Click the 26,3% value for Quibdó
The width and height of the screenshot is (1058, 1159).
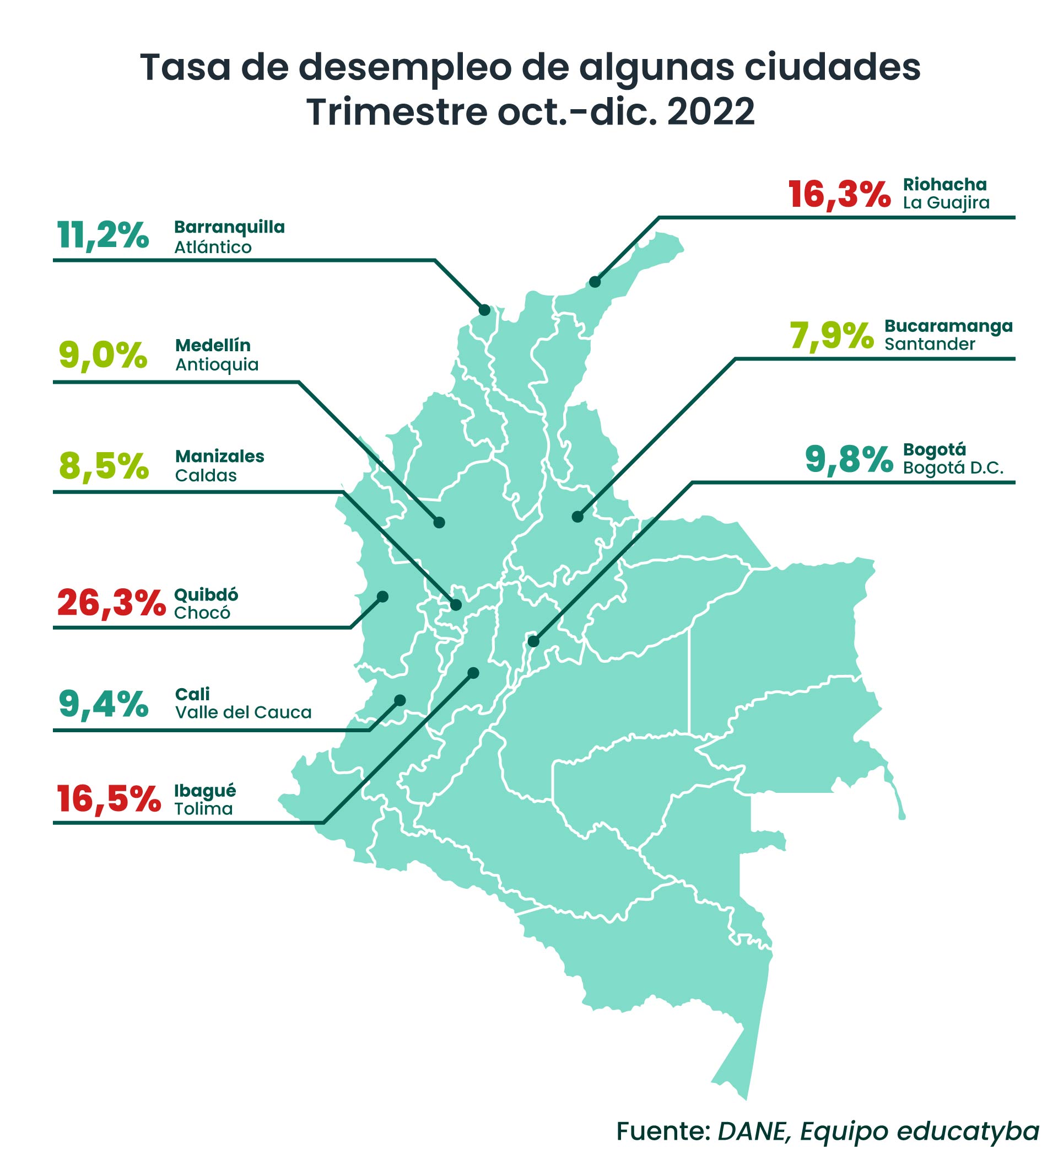pos(111,603)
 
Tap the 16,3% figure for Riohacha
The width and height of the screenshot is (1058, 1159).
pos(839,194)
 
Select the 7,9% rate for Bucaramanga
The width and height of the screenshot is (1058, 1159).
pos(831,336)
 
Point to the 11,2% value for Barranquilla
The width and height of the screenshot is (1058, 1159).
pos(103,235)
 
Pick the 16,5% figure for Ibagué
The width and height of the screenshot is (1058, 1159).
pos(109,800)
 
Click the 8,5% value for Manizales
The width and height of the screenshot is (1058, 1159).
pos(104,466)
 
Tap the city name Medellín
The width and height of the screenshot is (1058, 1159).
pos(213,346)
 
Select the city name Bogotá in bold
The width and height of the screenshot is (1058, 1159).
pos(935,449)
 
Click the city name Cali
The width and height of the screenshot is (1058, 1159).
pos(192,694)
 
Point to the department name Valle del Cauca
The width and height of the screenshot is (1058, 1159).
pos(243,713)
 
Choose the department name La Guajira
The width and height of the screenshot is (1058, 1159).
pos(946,203)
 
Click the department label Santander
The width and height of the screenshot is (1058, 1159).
pos(929,345)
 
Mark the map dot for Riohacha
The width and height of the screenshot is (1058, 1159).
pos(595,282)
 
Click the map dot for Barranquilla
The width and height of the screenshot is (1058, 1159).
pos(484,310)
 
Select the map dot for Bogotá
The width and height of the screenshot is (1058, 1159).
pos(533,642)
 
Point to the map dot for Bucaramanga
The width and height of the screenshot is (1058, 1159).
pos(577,517)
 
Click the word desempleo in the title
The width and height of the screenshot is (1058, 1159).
pos(404,67)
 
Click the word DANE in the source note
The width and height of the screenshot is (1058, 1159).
pos(752,1131)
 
